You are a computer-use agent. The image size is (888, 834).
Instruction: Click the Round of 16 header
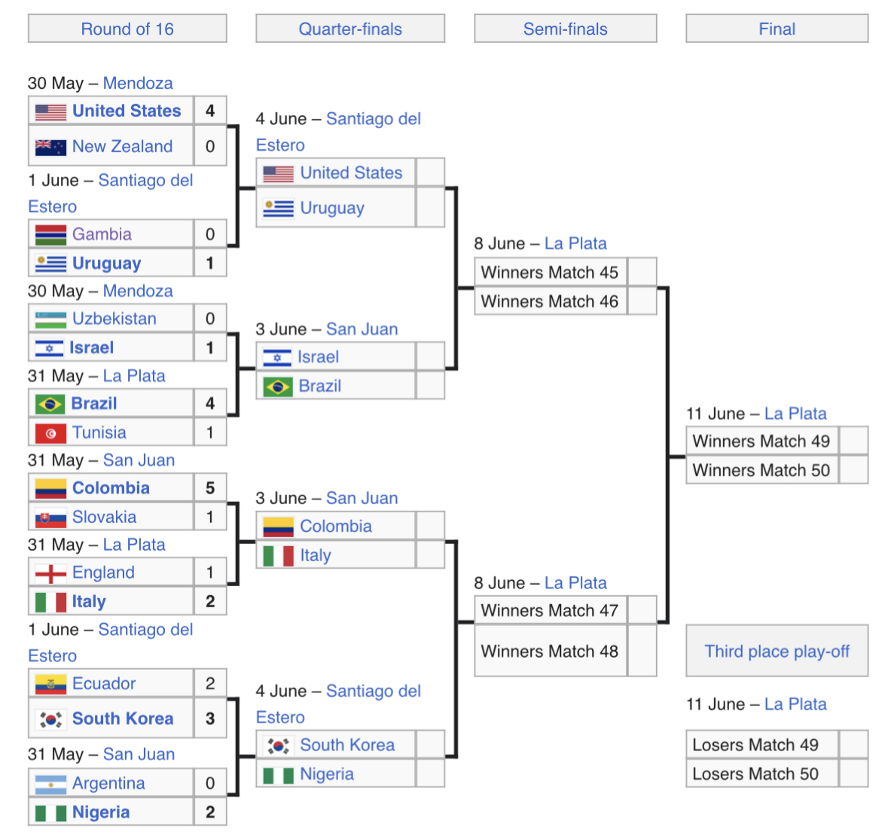(127, 29)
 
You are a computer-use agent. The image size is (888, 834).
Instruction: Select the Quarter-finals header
(350, 29)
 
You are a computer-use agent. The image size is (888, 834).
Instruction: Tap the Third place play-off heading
(777, 652)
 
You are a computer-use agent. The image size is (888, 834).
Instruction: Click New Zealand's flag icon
(50, 147)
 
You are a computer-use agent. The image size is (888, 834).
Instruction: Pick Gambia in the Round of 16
(102, 234)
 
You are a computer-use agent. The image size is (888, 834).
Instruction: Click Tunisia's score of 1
(210, 432)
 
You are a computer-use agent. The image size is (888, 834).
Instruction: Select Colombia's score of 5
(210, 488)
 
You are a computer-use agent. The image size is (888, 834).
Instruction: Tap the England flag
(50, 573)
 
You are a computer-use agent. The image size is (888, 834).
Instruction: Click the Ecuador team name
(104, 683)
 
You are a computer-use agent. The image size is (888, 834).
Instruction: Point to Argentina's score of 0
(210, 784)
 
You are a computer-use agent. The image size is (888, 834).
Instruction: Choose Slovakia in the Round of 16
(104, 517)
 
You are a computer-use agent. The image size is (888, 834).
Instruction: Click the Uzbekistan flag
(50, 319)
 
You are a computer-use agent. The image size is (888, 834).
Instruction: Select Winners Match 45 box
(549, 272)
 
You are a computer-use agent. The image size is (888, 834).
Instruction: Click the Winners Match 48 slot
(549, 652)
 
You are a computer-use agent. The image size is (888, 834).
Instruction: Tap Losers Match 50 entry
(755, 774)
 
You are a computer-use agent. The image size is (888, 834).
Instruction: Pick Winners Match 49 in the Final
(761, 441)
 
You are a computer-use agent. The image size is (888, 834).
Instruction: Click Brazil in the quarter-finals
(320, 386)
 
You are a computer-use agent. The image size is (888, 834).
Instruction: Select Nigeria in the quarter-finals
(327, 774)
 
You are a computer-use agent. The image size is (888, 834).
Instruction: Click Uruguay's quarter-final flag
(278, 209)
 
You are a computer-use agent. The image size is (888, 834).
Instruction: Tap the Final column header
(777, 29)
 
